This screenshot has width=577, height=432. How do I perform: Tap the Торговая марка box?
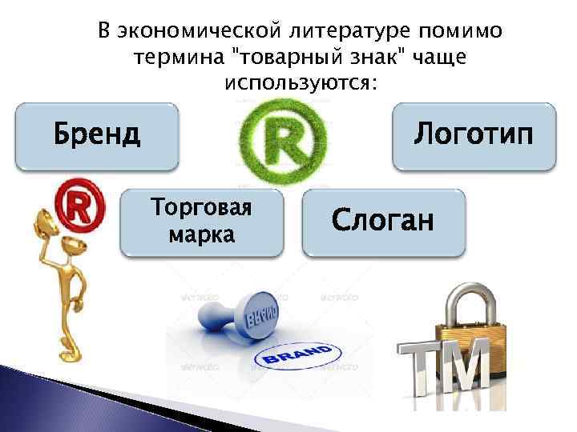click(201, 222)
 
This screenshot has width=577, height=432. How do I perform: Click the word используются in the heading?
click(301, 82)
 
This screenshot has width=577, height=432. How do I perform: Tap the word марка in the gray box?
click(201, 235)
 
